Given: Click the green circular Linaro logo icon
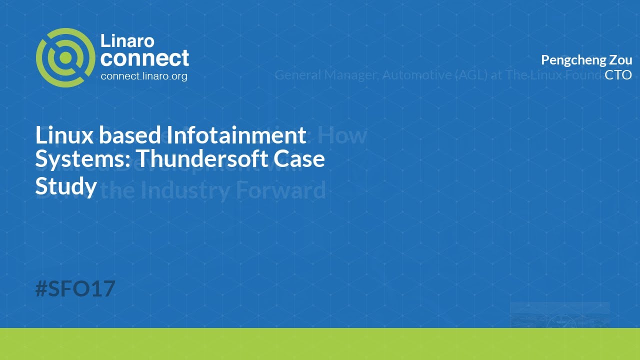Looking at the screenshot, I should [x=65, y=58].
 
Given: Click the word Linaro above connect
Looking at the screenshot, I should [x=127, y=40].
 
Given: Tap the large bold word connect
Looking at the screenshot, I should [x=144, y=58].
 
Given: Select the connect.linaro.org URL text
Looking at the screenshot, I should [x=144, y=76].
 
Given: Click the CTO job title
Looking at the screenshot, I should [x=618, y=75].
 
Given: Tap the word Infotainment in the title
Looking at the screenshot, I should [x=236, y=135].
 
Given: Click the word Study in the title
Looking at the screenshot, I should [x=65, y=186].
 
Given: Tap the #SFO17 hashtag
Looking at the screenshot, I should [x=75, y=288].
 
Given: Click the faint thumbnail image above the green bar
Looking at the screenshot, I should [x=559, y=315].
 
